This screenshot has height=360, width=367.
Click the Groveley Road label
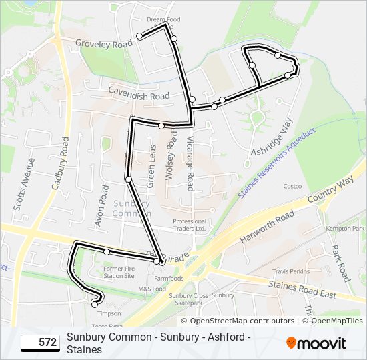click(104, 44)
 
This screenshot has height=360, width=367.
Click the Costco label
click(292, 186)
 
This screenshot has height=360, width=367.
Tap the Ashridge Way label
click(272, 138)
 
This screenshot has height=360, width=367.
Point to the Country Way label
click(331, 190)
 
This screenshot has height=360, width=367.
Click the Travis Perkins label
click(290, 271)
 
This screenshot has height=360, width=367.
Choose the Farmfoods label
click(169, 278)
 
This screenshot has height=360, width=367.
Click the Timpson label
click(109, 313)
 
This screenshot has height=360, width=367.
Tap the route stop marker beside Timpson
click(94, 304)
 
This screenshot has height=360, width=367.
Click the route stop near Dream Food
click(139, 36)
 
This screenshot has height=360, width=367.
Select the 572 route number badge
click(39, 343)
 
